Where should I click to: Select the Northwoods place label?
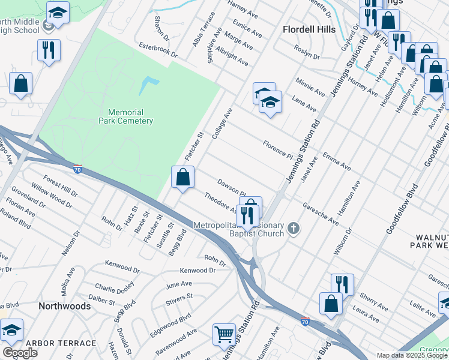coord(64,306)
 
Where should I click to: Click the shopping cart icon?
coord(224,334)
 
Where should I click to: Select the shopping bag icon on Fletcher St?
coord(182,178)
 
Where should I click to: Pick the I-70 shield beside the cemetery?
coord(78,169)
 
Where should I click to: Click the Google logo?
coord(20,353)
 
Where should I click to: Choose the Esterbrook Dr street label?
coord(158,49)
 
